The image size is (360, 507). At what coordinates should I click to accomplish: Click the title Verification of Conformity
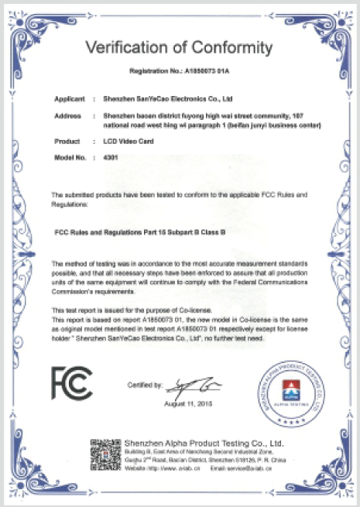coord(180,48)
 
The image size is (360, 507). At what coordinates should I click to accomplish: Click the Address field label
coord(69,115)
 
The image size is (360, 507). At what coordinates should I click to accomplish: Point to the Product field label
coord(69,142)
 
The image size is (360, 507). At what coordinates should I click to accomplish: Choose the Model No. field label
coord(70,157)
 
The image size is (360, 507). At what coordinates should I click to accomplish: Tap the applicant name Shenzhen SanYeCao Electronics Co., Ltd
coord(168,100)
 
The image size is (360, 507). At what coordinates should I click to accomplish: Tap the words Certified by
coord(145,385)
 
